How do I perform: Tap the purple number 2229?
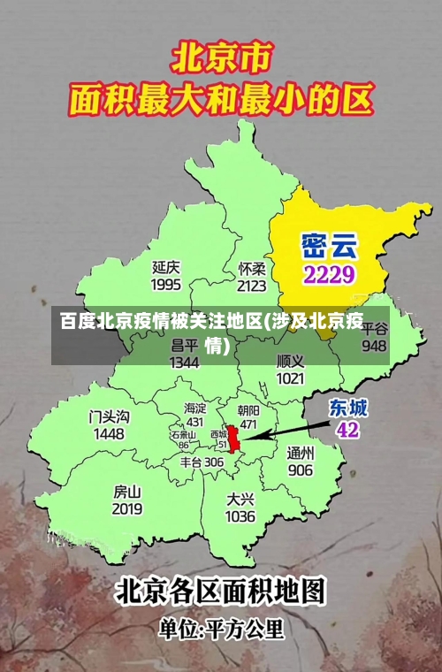(x=329, y=273)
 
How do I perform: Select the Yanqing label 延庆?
(x=166, y=266)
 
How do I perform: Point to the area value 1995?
(x=166, y=285)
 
